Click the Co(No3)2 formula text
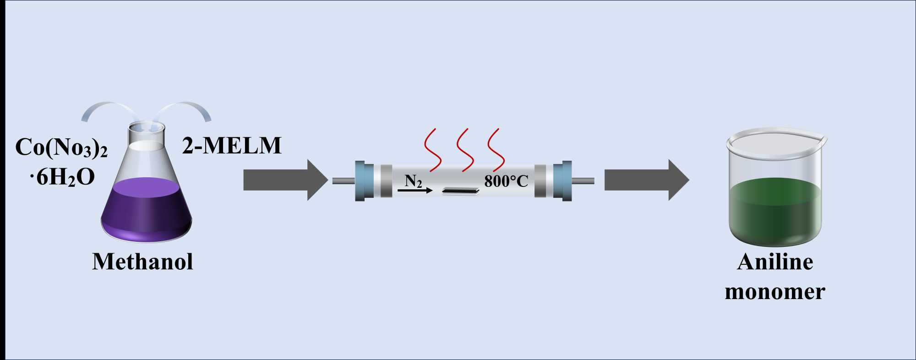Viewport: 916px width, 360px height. click(61, 147)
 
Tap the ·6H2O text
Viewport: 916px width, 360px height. click(62, 177)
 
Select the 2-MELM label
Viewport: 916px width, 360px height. click(232, 146)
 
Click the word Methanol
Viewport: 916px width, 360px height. click(142, 262)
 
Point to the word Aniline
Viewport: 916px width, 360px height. click(775, 262)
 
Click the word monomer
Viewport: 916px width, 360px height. click(775, 291)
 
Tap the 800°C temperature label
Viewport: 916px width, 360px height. click(506, 181)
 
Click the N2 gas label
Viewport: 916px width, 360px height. click(413, 180)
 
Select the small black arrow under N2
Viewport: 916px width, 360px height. click(414, 190)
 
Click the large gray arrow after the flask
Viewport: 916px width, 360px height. click(285, 180)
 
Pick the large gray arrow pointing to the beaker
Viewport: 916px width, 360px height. click(646, 180)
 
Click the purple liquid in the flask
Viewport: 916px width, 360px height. click(147, 208)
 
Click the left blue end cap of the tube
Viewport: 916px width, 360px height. click(360, 181)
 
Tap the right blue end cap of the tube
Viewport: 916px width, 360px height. click(566, 181)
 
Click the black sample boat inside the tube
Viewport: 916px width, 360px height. click(460, 191)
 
